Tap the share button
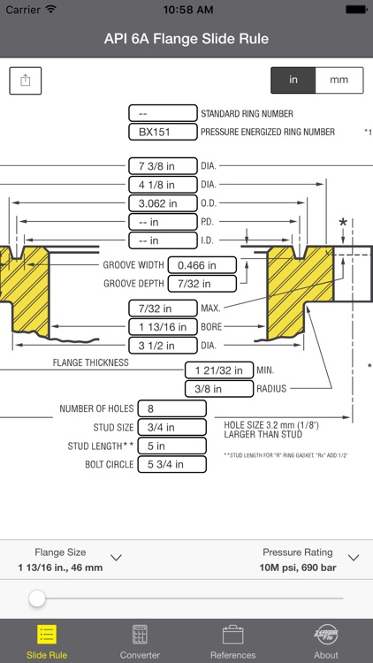[x=26, y=80]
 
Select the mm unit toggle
[x=339, y=80]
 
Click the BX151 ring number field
[x=163, y=132]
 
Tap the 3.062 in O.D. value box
[x=163, y=203]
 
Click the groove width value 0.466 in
[x=202, y=265]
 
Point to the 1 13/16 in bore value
[x=163, y=327]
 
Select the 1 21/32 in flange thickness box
[x=219, y=370]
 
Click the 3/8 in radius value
[x=219, y=389]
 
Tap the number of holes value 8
[x=172, y=409]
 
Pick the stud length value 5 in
[x=172, y=446]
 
